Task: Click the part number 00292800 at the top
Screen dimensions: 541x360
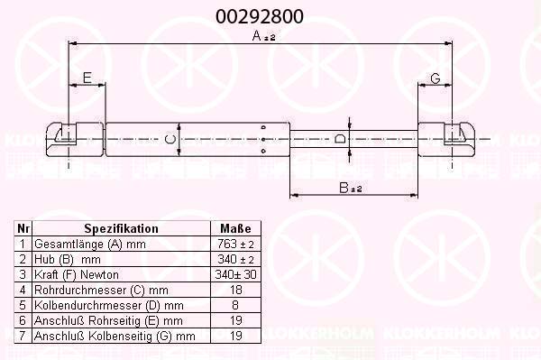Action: [260, 16]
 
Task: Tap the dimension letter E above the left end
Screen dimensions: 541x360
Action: [87, 78]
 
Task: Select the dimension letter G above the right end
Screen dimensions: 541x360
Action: [436, 78]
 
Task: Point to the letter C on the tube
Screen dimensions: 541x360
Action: [170, 140]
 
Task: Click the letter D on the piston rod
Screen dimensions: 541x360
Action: [340, 139]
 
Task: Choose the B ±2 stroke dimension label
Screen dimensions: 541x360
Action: [350, 188]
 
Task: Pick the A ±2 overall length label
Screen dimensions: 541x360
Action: [263, 36]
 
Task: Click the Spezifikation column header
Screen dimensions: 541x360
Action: [121, 228]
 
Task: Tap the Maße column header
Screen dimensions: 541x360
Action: [235, 228]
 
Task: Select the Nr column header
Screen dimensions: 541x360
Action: [23, 228]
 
